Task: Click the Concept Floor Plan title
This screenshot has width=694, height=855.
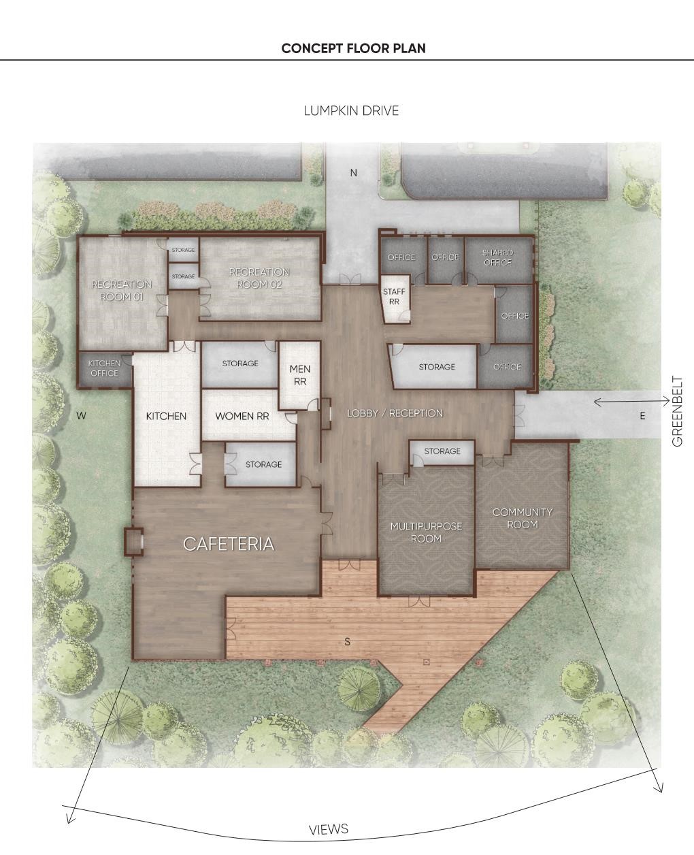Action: click(x=353, y=48)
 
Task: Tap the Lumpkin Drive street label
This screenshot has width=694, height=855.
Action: click(x=351, y=111)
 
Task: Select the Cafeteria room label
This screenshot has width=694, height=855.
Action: click(x=229, y=544)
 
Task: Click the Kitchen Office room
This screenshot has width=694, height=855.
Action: click(x=105, y=368)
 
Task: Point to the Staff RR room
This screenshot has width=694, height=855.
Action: click(x=395, y=299)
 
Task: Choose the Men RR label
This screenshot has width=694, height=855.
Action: click(x=299, y=375)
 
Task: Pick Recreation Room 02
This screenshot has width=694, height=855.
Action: click(x=260, y=278)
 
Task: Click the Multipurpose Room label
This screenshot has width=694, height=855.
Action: click(x=426, y=532)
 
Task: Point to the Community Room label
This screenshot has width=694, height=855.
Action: click(x=523, y=518)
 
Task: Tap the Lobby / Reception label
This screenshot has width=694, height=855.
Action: click(x=395, y=413)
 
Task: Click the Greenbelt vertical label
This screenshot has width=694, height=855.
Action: click(x=677, y=411)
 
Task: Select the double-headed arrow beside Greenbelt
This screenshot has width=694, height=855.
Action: click(x=631, y=401)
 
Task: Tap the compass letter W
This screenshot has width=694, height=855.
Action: click(x=81, y=416)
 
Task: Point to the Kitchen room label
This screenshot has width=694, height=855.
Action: click(x=166, y=416)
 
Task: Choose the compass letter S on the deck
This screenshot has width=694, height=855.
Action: click(x=348, y=642)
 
